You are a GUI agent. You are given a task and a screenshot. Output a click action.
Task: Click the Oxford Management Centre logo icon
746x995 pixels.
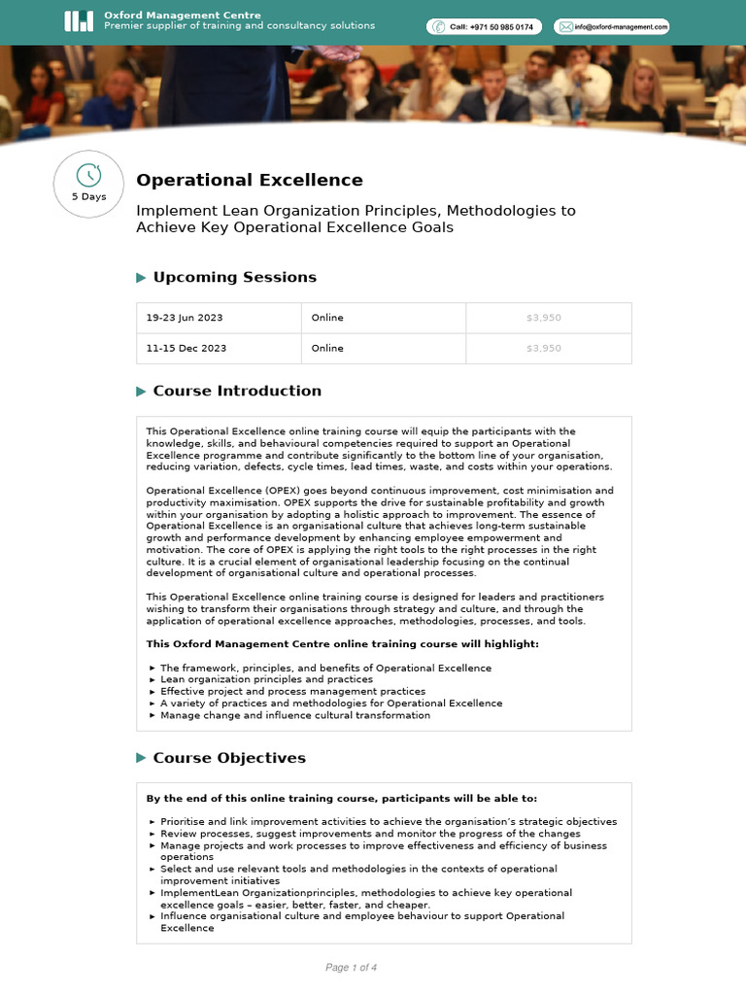point(79,21)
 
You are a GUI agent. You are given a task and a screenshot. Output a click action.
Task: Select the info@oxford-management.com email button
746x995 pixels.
point(611,27)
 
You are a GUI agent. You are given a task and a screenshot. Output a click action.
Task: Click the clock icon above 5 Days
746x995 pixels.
point(88,175)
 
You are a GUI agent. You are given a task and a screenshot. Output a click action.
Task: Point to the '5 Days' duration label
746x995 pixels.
point(88,196)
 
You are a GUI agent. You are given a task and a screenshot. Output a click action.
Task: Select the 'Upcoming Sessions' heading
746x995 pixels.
point(234,277)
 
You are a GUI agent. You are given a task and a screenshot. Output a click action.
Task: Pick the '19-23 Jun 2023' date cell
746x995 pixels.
point(186,318)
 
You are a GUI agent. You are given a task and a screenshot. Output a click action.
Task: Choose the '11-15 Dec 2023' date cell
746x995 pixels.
point(186,348)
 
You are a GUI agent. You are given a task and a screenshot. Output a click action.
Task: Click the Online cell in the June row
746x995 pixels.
point(327,318)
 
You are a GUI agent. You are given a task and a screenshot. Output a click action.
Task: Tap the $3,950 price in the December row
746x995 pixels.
point(543,348)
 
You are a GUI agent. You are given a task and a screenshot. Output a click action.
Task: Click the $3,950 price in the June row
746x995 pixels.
point(543,318)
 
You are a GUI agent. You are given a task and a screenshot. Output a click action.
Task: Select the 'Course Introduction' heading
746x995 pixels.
point(237,391)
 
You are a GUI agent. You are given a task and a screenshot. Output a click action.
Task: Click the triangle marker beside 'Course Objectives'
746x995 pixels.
point(142,758)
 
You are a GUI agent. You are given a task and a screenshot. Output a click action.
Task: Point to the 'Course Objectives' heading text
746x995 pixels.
point(229,758)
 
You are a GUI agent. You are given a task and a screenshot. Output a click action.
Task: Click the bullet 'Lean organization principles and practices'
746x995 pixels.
point(266,680)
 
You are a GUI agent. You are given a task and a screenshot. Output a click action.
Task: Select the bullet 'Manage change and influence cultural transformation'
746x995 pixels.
point(294,715)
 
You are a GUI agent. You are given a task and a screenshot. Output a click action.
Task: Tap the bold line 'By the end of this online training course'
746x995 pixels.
point(341,799)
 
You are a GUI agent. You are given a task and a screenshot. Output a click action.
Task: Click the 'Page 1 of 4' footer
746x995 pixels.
point(351,968)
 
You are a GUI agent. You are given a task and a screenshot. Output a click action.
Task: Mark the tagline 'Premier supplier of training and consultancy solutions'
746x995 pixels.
point(239,26)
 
